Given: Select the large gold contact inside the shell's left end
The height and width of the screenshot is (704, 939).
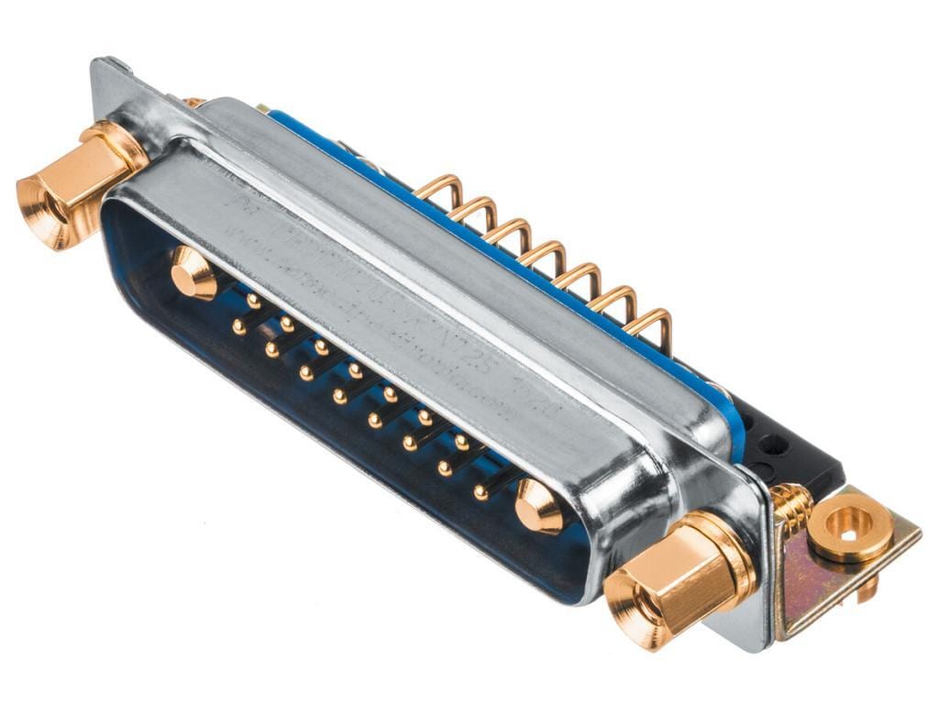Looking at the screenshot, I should click(x=193, y=273).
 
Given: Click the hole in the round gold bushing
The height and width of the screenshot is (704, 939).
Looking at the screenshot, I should click(x=850, y=529).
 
